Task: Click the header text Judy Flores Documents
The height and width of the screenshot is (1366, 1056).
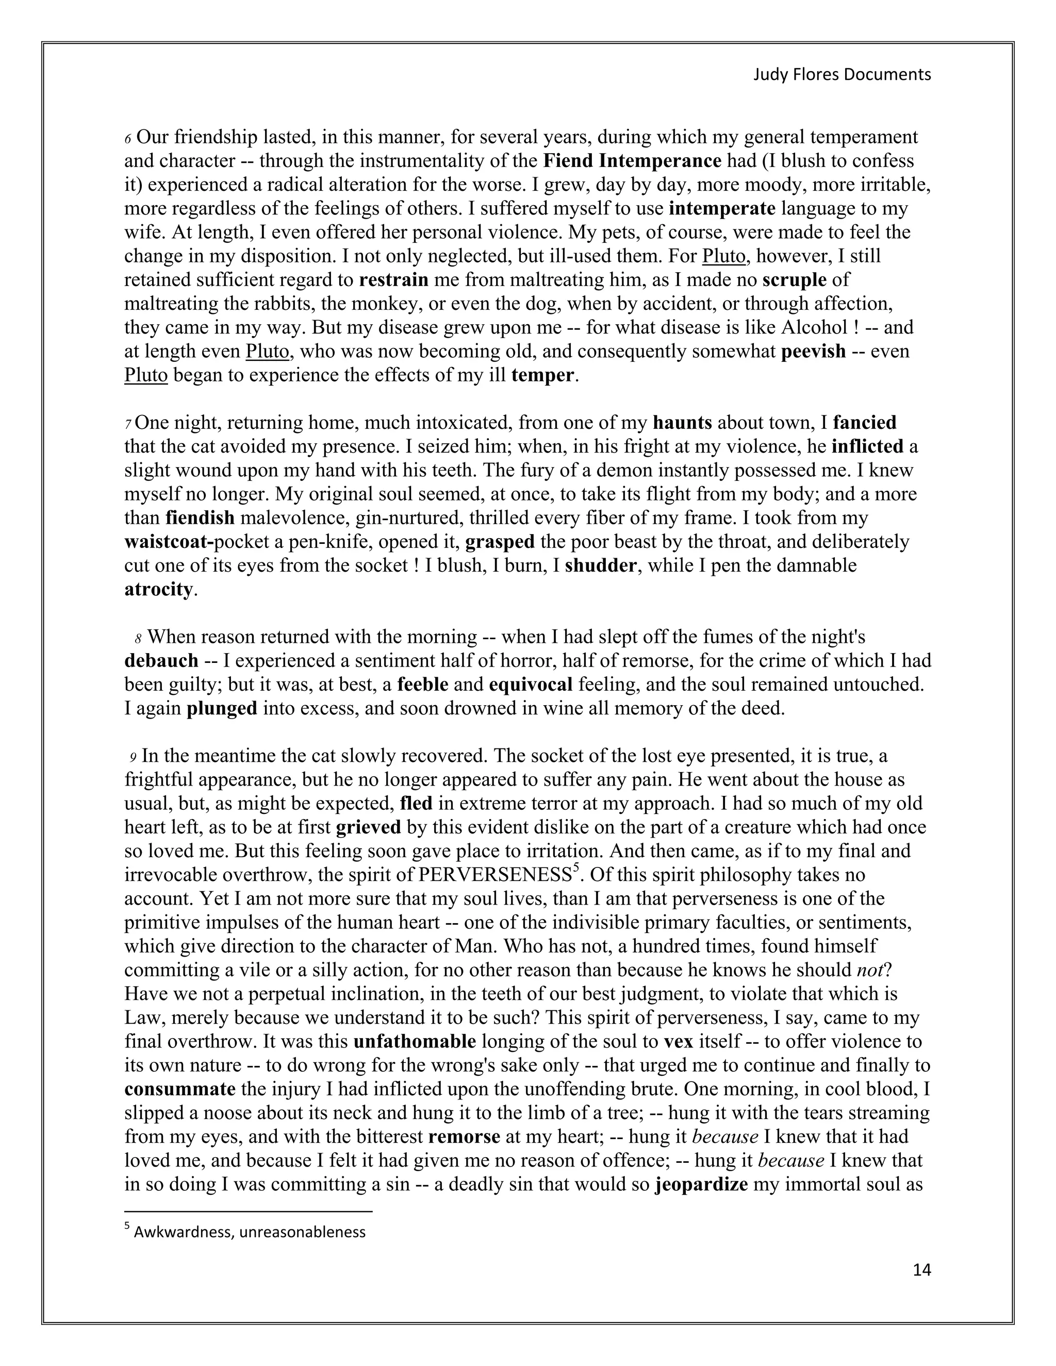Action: point(841,74)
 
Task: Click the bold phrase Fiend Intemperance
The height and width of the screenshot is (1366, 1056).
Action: point(632,161)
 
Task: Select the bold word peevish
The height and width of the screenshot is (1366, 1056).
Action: point(813,352)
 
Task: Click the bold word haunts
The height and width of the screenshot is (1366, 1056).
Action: point(682,423)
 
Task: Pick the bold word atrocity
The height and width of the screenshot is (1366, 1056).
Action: point(158,589)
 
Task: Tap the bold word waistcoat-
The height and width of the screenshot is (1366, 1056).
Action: point(169,542)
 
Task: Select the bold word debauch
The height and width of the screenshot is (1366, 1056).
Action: point(161,660)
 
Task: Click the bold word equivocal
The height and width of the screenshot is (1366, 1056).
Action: point(531,684)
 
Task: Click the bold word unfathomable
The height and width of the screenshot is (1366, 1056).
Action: point(415,1041)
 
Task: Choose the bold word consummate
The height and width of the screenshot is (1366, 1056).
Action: point(179,1089)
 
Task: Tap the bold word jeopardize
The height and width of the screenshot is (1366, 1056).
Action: point(701,1184)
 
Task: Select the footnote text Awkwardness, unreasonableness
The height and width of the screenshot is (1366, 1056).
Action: point(250,1231)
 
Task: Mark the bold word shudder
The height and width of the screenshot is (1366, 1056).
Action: point(601,565)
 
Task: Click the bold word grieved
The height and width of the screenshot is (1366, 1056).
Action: point(369,827)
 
